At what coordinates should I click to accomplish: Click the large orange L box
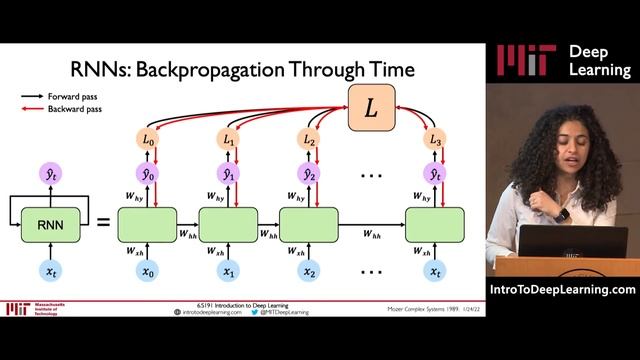(370, 107)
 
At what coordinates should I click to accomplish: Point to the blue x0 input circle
(148, 271)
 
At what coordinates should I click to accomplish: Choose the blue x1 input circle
(229, 271)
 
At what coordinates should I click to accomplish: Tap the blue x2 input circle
(309, 271)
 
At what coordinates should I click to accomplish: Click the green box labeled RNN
(50, 224)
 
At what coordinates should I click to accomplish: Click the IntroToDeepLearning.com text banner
(563, 290)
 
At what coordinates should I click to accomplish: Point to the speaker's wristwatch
(563, 213)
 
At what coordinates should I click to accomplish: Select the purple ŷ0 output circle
(148, 174)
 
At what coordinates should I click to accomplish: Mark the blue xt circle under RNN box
(50, 271)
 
